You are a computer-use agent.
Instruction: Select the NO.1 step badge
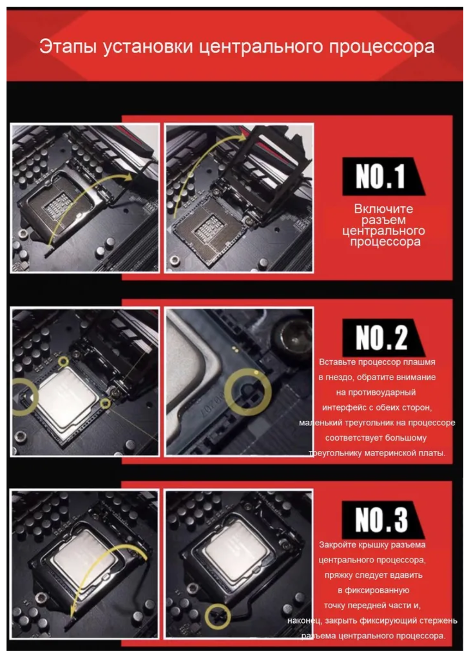(383, 176)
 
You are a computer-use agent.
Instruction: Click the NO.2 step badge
(383, 337)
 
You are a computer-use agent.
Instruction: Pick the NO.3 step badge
(383, 520)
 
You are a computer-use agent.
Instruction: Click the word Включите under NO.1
(383, 209)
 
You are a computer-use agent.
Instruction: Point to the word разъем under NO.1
(383, 220)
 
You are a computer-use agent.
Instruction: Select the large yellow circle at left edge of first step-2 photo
(36, 395)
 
